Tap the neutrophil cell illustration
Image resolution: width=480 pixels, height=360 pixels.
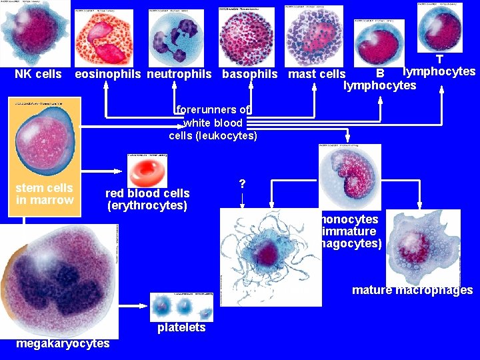(x=177, y=38)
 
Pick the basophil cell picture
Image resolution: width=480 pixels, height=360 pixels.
(x=246, y=37)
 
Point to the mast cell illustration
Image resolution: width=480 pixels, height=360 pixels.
(x=313, y=37)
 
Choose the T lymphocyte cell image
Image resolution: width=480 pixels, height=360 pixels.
(x=440, y=28)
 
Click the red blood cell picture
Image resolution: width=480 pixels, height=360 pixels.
(x=148, y=171)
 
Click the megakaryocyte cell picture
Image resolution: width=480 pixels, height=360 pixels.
(x=59, y=280)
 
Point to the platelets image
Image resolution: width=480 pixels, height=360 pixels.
(x=181, y=307)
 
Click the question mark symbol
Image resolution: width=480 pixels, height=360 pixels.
(x=242, y=183)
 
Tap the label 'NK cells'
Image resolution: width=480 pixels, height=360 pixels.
(x=38, y=74)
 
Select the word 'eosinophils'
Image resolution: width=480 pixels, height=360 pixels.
(x=108, y=74)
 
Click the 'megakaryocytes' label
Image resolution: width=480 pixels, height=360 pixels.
(x=63, y=343)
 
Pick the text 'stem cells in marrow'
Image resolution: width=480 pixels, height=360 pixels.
(x=45, y=194)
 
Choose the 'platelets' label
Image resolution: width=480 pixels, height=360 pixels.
(x=181, y=328)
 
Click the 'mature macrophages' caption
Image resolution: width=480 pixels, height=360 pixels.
(x=412, y=290)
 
